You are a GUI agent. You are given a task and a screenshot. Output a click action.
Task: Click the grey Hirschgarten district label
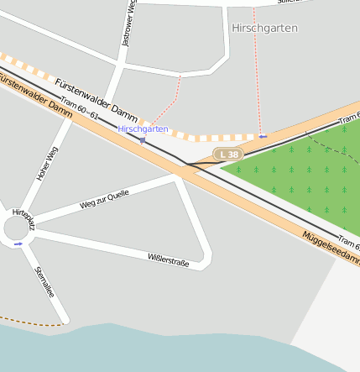tap(263, 28)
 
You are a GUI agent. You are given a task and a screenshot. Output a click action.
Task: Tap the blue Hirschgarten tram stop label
tap(143, 129)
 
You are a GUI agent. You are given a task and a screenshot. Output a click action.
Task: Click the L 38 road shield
tap(227, 155)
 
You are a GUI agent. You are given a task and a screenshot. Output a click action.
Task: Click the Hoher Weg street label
tap(47, 165)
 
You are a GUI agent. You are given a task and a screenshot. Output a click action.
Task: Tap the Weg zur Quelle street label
tap(104, 199)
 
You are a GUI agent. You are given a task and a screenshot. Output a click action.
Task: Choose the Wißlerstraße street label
tap(168, 260)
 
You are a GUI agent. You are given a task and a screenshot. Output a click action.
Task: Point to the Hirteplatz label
tap(23, 219)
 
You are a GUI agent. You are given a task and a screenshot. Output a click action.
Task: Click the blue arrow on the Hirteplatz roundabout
tap(18, 244)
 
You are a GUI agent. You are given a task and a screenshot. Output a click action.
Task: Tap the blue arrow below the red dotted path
tap(263, 135)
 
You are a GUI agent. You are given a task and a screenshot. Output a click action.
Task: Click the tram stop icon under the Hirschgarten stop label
tap(143, 140)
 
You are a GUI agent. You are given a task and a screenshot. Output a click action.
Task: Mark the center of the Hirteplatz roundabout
tap(18, 228)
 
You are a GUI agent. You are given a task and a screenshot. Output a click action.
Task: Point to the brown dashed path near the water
tap(34, 321)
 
